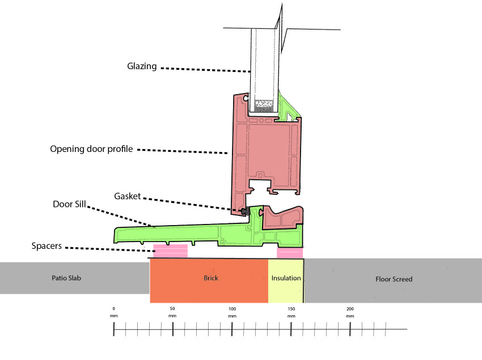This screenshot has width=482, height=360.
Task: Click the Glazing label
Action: (142, 66)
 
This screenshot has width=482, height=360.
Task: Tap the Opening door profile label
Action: (91, 149)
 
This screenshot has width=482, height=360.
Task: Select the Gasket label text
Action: (127, 197)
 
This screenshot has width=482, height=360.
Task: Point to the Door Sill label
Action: (69, 204)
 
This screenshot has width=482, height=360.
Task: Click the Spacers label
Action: (46, 246)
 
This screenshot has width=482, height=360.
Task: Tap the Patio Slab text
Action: (66, 278)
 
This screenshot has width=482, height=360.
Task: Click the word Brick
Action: (211, 278)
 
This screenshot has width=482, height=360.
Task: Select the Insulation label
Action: (286, 278)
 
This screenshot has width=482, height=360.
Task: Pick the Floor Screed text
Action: (394, 279)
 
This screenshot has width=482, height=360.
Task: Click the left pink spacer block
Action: (171, 251)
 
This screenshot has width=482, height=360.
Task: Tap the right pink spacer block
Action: (290, 253)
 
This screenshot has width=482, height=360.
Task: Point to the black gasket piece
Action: (245, 211)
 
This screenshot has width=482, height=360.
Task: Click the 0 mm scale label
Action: (114, 312)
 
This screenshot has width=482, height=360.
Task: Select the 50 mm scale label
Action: (172, 312)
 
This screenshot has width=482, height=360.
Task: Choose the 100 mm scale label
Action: (232, 312)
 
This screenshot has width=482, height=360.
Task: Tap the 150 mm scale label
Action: (291, 312)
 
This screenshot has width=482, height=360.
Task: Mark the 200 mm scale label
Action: (350, 312)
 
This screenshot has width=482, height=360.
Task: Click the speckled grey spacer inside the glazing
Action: (264, 106)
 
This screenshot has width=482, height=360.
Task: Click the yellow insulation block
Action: (286, 281)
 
